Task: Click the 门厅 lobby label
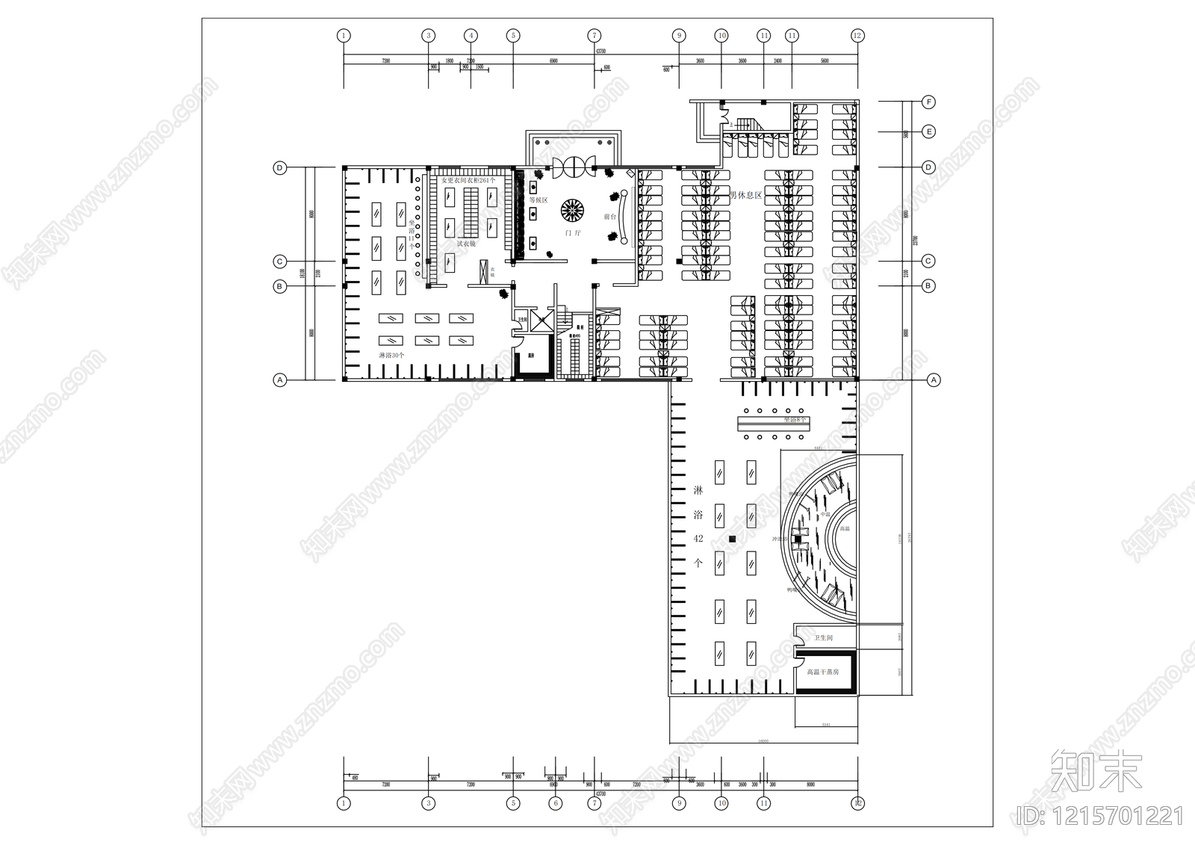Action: [x=573, y=233]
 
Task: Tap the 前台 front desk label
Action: [x=609, y=217]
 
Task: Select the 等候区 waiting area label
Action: [x=538, y=200]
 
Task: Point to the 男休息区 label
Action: [x=745, y=195]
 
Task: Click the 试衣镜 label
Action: [x=466, y=244]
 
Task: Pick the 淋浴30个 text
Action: [x=391, y=356]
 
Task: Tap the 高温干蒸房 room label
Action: [x=823, y=672]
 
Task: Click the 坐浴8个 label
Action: [x=795, y=421]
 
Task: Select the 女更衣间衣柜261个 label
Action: [x=468, y=181]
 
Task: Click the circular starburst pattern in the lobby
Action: [x=572, y=209]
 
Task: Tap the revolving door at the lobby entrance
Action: [x=573, y=166]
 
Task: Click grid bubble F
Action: [x=928, y=102]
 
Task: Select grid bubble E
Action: [x=928, y=131]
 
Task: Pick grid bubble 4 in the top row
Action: [x=471, y=35]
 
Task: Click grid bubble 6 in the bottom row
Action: [x=555, y=804]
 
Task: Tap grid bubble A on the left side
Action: [x=280, y=380]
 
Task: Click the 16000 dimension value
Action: [x=763, y=742]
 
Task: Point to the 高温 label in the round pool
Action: [x=845, y=528]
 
